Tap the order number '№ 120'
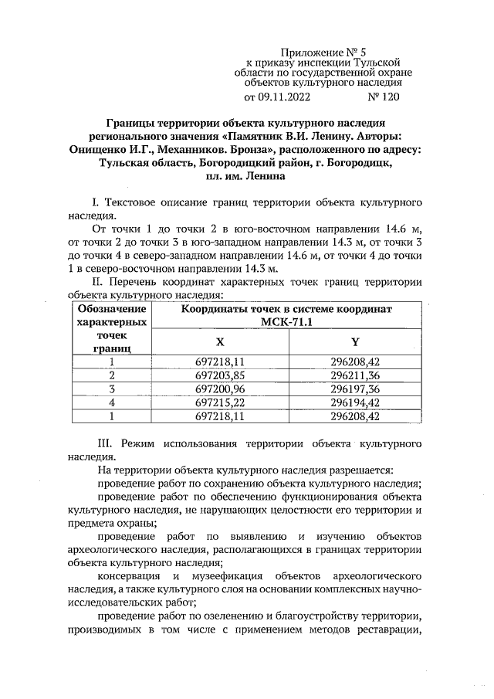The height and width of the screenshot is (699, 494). (384, 98)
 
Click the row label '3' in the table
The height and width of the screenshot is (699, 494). (112, 389)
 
